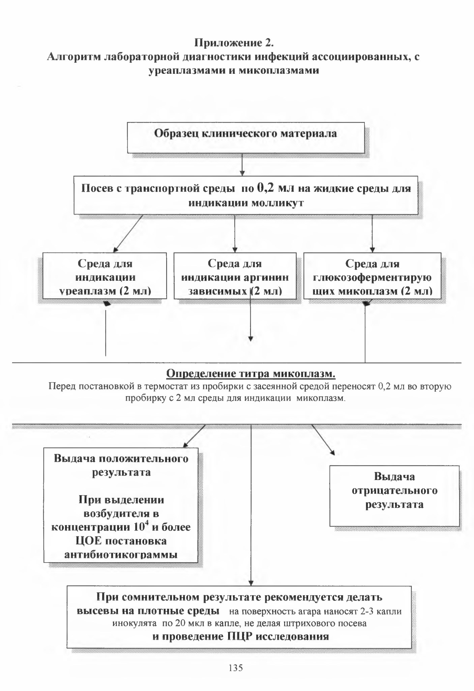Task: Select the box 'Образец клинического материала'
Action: click(246, 138)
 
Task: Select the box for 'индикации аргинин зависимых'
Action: click(235, 276)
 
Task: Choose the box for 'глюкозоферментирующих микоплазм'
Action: click(372, 276)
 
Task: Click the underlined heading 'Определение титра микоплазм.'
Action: click(251, 373)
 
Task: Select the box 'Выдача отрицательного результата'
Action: click(394, 495)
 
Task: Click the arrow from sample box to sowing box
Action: click(242, 165)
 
